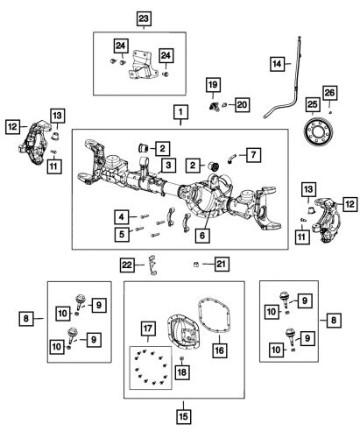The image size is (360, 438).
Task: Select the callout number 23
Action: pyautogui.click(x=144, y=18)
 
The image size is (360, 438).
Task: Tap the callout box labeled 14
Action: pyautogui.click(x=278, y=63)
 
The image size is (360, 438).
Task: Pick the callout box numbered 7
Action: pyautogui.click(x=252, y=155)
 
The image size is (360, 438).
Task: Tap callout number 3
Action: pyautogui.click(x=166, y=164)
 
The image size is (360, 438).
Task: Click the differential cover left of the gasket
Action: pyautogui.click(x=161, y=320)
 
